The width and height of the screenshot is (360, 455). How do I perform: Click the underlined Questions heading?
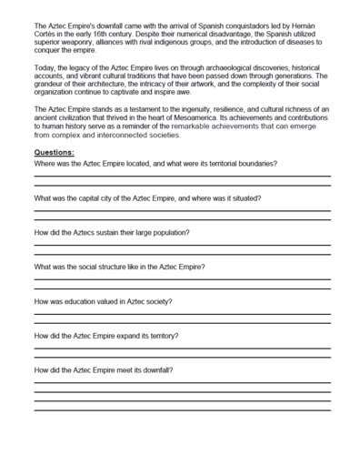(x=54, y=152)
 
